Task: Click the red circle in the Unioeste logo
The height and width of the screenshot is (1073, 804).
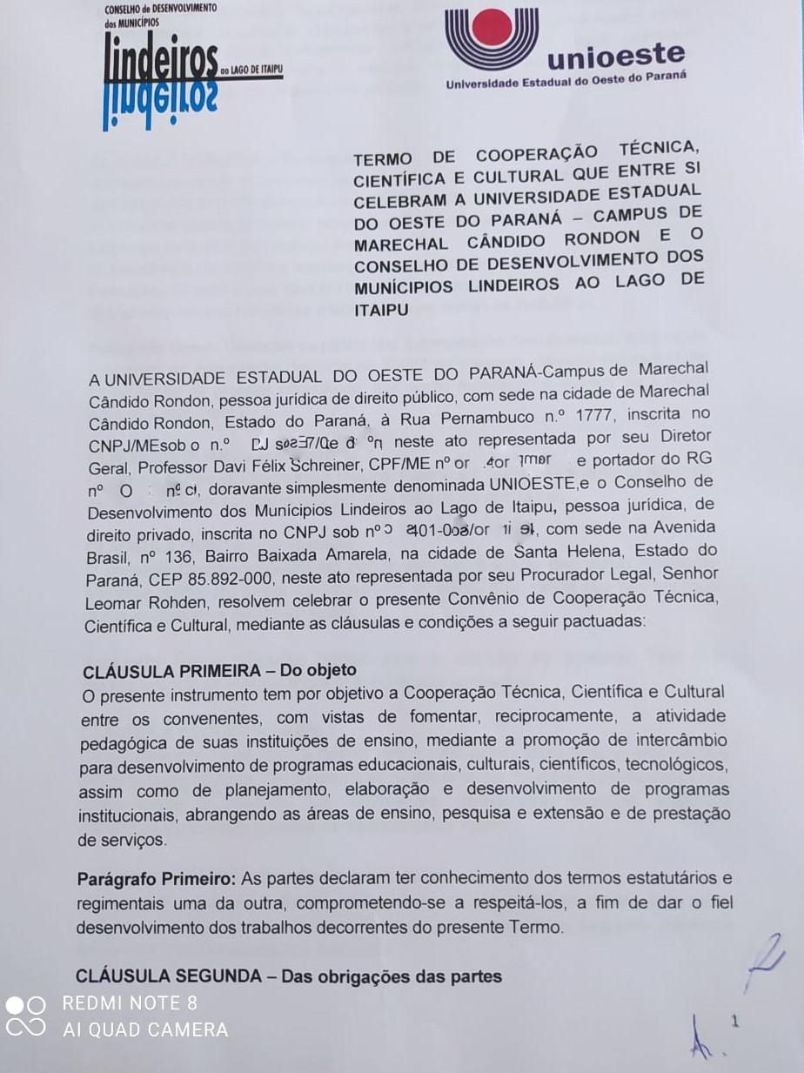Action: pyautogui.click(x=492, y=28)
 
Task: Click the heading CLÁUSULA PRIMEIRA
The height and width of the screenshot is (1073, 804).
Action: pyautogui.click(x=171, y=671)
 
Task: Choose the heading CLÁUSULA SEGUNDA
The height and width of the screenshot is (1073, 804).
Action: pyautogui.click(x=169, y=976)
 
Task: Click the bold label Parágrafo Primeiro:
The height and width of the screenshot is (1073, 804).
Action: pyautogui.click(x=156, y=877)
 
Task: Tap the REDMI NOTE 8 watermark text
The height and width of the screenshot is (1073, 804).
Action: pyautogui.click(x=130, y=1003)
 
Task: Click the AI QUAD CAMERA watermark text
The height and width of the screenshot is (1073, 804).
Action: pyautogui.click(x=145, y=1029)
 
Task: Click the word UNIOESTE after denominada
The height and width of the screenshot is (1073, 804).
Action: pyautogui.click(x=533, y=483)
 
